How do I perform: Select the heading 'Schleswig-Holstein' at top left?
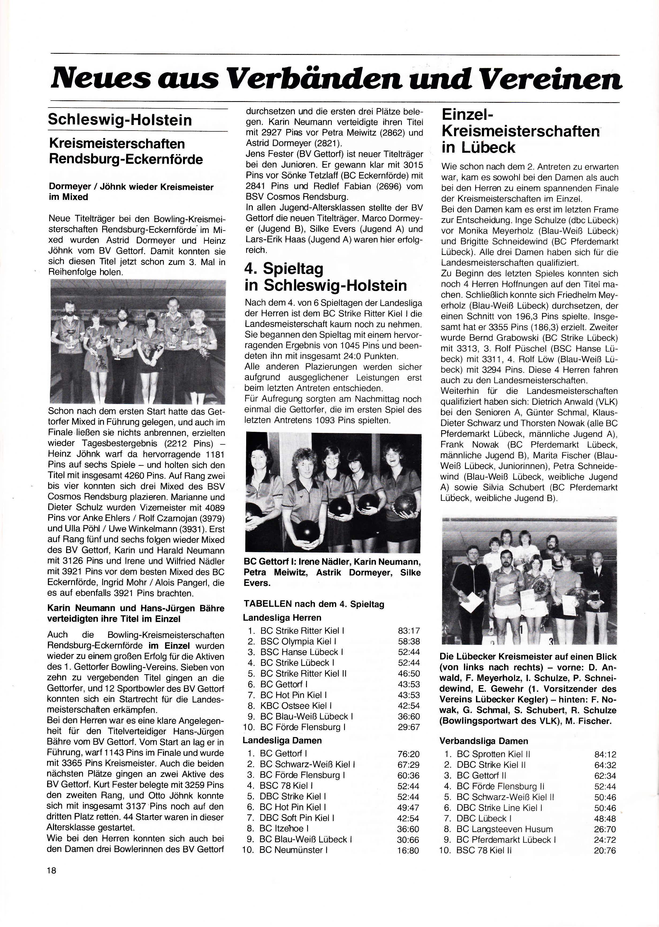pos(120,120)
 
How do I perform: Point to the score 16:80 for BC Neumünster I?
pos(408,849)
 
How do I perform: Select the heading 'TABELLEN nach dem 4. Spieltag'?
pos(314,604)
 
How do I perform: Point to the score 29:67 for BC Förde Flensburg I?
pos(409,727)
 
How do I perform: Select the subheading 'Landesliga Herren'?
pos(282,617)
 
